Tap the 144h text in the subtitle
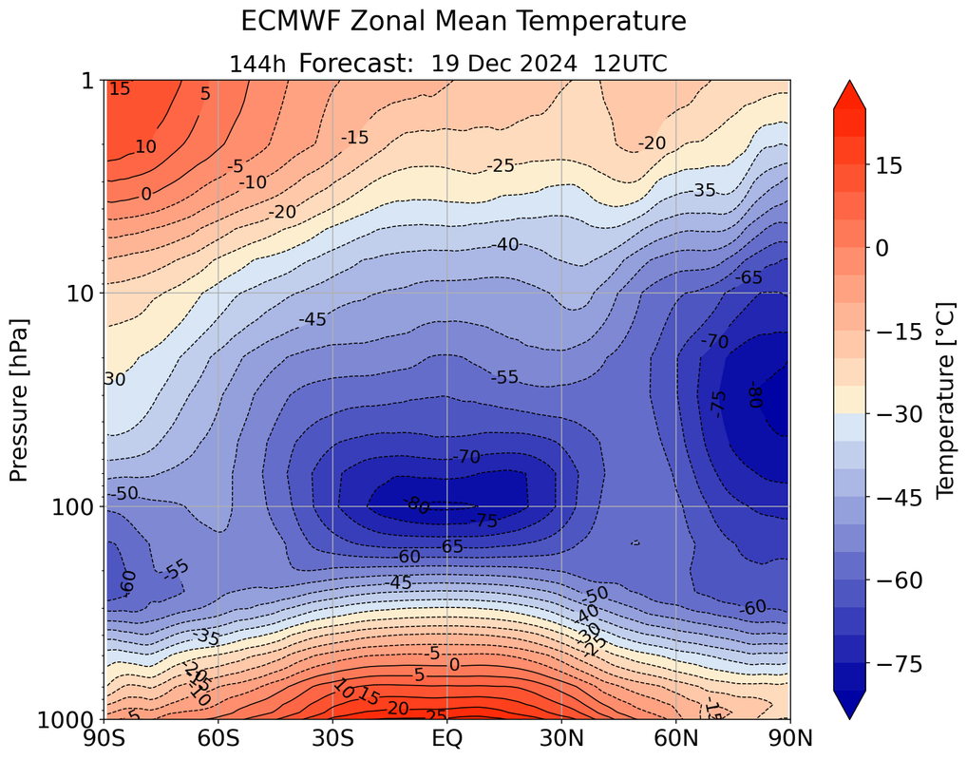click(258, 65)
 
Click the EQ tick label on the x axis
click(447, 737)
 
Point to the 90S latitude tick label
click(104, 737)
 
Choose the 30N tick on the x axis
click(561, 737)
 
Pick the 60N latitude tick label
click(675, 737)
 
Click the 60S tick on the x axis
click(218, 737)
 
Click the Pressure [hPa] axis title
click(20, 400)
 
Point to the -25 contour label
click(501, 166)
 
